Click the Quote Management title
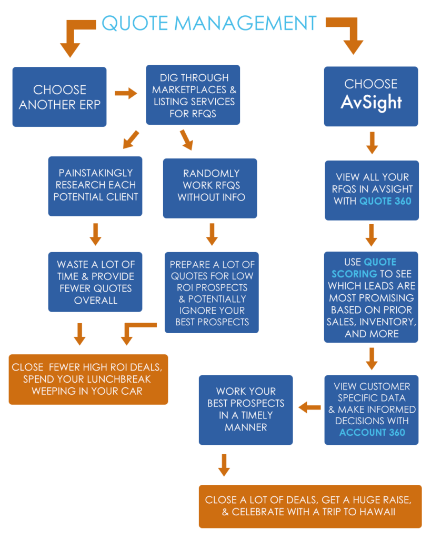(x=209, y=23)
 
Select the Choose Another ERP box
(x=59, y=97)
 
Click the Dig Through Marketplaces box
(x=193, y=95)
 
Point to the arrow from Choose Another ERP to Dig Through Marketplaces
(x=126, y=94)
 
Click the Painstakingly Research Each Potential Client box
(x=95, y=185)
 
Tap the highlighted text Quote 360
(x=386, y=201)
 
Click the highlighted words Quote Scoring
(x=363, y=267)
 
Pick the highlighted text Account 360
(x=372, y=432)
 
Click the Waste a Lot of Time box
(x=95, y=282)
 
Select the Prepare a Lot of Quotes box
(x=212, y=293)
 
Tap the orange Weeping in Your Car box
(x=88, y=379)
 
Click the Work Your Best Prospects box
(x=245, y=409)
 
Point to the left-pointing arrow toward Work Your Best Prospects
(x=309, y=407)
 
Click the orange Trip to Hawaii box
(x=310, y=506)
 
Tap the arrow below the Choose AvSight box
(x=372, y=143)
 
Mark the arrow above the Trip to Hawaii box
(x=224, y=465)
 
